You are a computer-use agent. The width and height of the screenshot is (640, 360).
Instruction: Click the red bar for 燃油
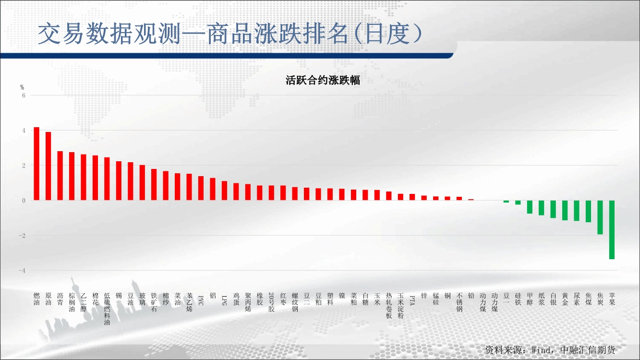point(36,164)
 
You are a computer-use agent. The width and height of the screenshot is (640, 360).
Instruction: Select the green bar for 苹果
point(612,230)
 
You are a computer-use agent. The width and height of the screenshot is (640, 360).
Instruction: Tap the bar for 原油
point(48,166)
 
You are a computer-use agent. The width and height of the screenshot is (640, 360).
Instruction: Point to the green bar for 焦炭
point(600,217)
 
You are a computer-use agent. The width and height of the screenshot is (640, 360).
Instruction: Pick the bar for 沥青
point(60,176)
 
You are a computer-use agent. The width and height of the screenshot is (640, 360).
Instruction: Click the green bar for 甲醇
point(530,207)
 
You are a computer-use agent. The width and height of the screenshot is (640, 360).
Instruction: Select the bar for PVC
point(201,188)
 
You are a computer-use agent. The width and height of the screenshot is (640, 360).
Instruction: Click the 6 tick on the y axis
point(24,96)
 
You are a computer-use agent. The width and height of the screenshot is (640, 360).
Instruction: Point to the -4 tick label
point(22,271)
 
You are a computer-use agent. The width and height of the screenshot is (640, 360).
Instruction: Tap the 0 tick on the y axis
point(24,201)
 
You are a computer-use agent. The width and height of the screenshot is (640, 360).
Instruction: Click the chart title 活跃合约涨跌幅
point(323,80)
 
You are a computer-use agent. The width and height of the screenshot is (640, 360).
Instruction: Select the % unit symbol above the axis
point(22,87)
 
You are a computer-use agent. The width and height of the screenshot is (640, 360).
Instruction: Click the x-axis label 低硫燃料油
point(107,309)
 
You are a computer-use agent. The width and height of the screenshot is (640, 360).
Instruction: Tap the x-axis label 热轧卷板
point(389,305)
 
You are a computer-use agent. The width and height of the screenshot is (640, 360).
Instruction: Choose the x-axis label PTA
point(412,300)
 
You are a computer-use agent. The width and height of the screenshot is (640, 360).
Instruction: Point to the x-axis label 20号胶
point(271,302)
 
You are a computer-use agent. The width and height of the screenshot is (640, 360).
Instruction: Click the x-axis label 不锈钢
point(459,302)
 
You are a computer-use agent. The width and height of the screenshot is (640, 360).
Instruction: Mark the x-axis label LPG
point(224,300)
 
